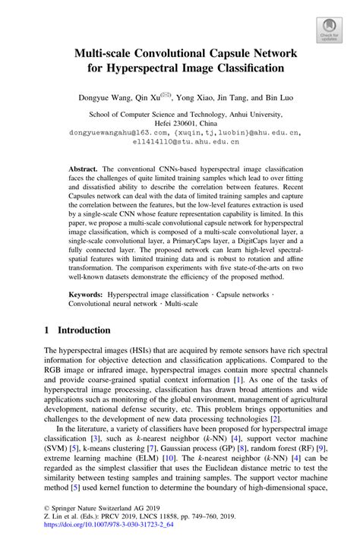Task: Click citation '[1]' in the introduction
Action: [238, 378]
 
